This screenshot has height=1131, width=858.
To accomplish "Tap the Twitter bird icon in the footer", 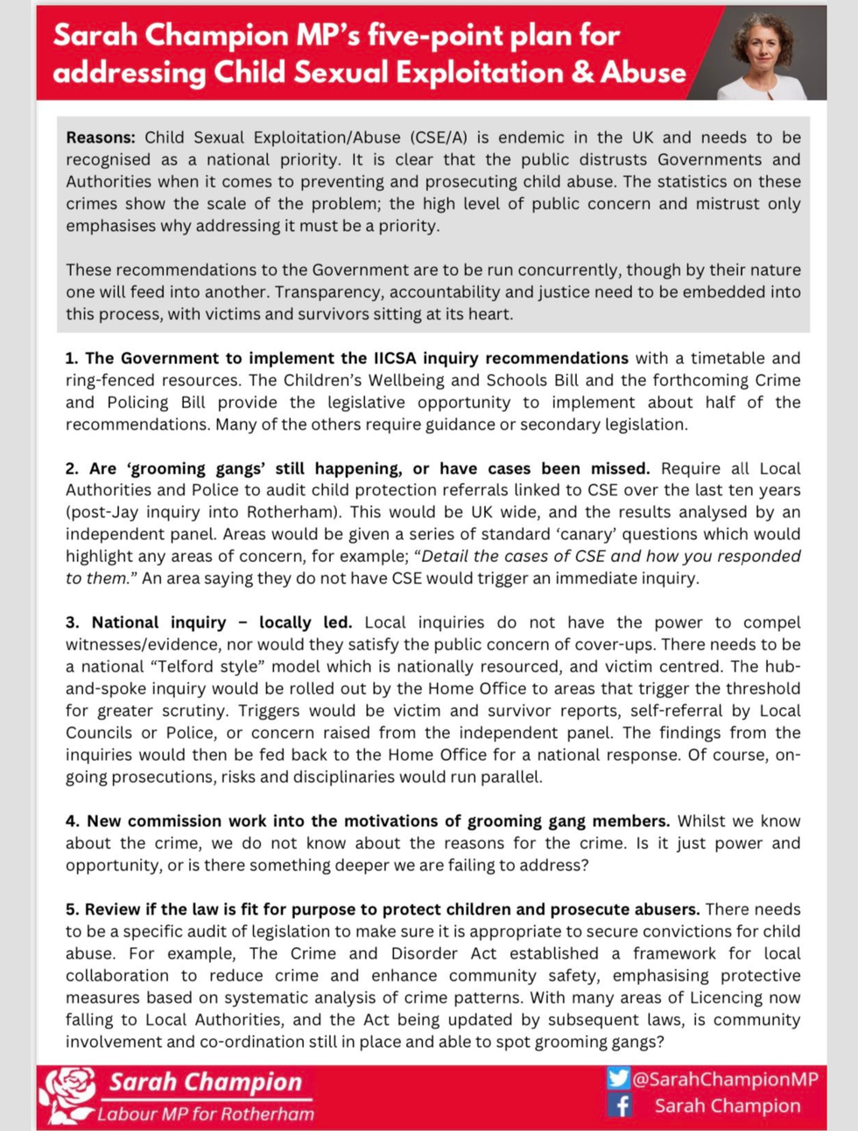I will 618,1078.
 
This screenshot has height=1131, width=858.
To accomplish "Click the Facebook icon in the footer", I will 620,1106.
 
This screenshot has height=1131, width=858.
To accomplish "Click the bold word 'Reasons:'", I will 101,137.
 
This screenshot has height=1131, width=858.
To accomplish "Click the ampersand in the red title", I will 582,72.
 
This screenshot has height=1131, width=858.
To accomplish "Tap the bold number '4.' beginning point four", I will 73,821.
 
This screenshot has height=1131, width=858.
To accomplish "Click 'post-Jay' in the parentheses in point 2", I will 103,512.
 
